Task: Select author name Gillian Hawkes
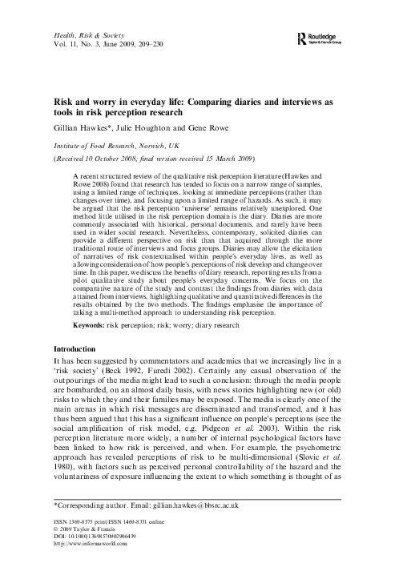(x=77, y=127)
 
